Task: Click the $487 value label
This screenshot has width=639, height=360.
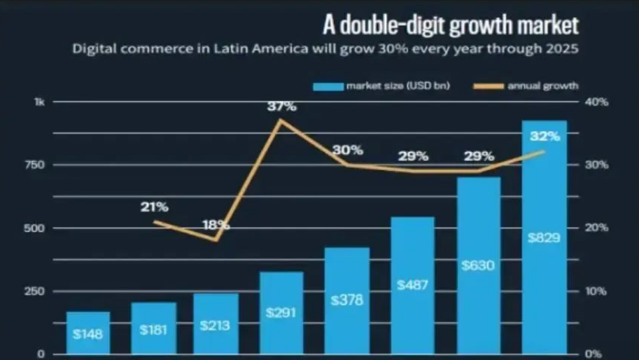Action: point(413,285)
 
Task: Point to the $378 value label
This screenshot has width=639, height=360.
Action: point(347,300)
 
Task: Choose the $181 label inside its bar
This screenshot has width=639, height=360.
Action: point(153,328)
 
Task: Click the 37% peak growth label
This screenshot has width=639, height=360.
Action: point(281,107)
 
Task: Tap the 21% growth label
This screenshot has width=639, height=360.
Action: point(153,207)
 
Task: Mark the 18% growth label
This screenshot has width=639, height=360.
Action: point(216,226)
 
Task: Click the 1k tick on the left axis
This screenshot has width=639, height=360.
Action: point(39,102)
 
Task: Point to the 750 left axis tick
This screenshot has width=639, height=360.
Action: point(34,165)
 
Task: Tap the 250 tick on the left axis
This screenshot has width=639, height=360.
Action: point(34,291)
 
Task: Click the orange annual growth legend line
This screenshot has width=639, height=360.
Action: point(488,86)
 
